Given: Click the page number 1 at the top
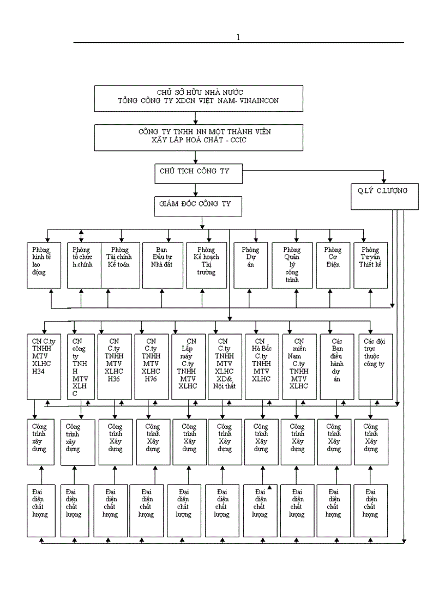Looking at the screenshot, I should click(238, 37).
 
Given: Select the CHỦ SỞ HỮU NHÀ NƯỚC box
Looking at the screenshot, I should click(197, 98).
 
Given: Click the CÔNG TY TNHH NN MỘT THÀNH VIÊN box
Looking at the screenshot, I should click(197, 137).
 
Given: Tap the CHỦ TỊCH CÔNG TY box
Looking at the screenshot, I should click(197, 173).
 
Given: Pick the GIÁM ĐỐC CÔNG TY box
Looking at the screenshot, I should click(197, 205).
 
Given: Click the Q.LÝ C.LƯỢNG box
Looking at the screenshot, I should click(384, 196).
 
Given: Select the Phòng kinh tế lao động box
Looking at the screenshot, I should click(45, 265).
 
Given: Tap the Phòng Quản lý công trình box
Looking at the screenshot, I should click(293, 265).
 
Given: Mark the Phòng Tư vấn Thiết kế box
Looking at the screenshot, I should click(370, 265).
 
